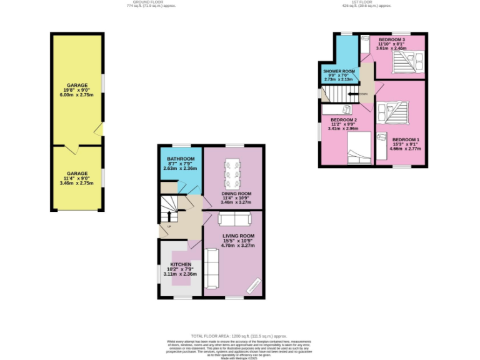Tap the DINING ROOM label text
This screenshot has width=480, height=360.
click(x=236, y=194)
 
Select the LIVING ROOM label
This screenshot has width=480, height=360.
click(x=238, y=236)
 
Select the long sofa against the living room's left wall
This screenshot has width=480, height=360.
click(x=211, y=267)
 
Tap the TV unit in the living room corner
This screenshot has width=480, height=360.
click(x=252, y=286)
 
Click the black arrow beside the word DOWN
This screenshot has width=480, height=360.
click(x=354, y=94)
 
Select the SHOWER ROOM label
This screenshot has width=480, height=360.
click(x=339, y=71)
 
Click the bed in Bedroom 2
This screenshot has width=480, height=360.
click(x=356, y=147)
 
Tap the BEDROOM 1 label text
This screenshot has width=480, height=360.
click(x=406, y=139)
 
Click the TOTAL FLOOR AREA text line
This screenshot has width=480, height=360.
click(x=240, y=336)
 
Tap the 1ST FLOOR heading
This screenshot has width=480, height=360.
click(x=362, y=2)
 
